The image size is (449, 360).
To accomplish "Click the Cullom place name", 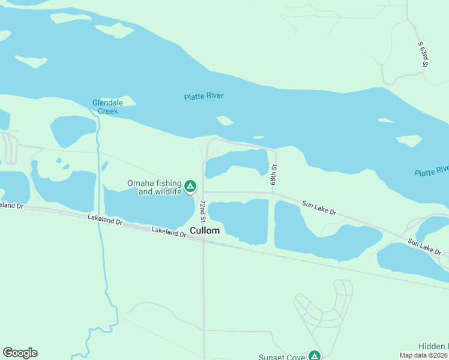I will click(x=205, y=230).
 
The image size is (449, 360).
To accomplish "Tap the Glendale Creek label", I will click(x=106, y=107).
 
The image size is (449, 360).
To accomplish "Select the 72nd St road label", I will click(x=203, y=208).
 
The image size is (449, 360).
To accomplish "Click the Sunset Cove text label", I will click(x=282, y=357).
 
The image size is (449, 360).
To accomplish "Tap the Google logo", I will click(x=20, y=353).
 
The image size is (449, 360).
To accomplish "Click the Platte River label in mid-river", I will click(x=207, y=96).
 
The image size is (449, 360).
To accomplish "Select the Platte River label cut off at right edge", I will click(x=432, y=171).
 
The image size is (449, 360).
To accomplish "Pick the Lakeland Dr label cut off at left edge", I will click(x=11, y=205).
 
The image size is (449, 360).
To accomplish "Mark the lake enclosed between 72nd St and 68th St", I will click(x=237, y=163).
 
